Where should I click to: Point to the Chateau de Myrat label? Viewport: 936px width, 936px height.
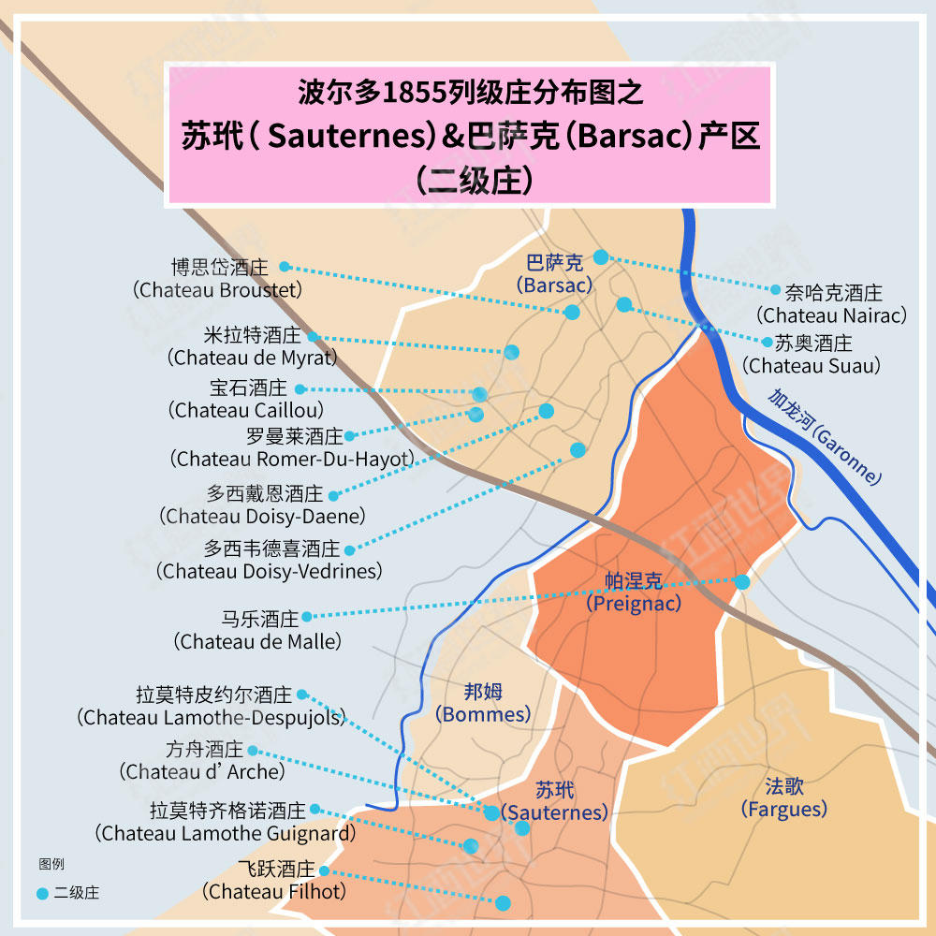click(x=252, y=346)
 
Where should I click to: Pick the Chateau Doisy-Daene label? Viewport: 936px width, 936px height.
click(x=264, y=505)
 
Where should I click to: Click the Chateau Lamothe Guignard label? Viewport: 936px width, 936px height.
click(x=227, y=821)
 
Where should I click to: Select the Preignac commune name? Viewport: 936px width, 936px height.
click(x=634, y=592)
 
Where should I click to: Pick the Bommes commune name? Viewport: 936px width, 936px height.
click(x=483, y=703)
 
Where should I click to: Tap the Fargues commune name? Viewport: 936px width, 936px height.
click(x=784, y=797)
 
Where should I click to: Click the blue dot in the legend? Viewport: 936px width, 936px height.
click(x=41, y=894)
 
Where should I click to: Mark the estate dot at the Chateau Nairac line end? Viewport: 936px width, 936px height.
click(x=601, y=256)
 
